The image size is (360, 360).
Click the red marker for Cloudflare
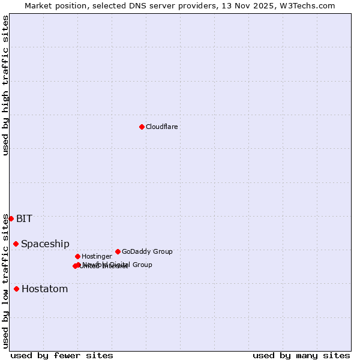(142, 127)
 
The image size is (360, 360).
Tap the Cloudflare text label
(161, 127)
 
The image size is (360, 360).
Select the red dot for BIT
(11, 218)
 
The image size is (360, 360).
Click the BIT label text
(24, 218)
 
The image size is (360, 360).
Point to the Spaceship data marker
(16, 244)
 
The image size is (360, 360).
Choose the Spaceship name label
(45, 244)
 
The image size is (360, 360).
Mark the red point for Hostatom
(17, 289)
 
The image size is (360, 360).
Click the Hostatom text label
(44, 289)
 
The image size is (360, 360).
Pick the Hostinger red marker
(77, 256)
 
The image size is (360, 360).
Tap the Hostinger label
(97, 256)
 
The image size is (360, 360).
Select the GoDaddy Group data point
(118, 251)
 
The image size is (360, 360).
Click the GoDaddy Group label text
(147, 251)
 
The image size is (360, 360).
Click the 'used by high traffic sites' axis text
(6, 85)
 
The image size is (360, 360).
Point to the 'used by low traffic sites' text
(6, 280)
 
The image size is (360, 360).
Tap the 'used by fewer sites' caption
(62, 355)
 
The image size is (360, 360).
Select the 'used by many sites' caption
(301, 355)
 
